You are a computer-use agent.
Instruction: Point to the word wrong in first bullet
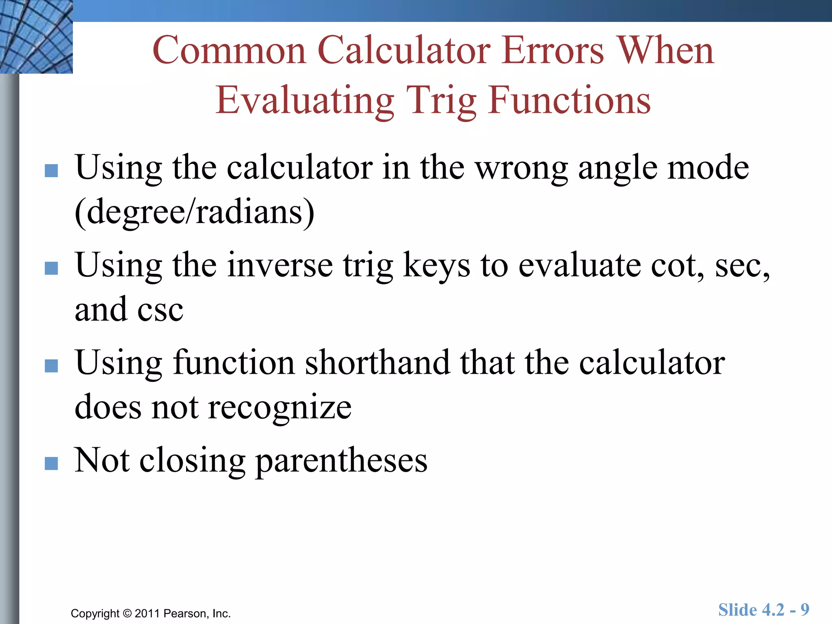pyautogui.click(x=522, y=168)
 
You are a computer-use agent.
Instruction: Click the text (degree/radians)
pyautogui.click(x=195, y=212)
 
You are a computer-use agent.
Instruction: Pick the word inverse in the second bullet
pyautogui.click(x=280, y=265)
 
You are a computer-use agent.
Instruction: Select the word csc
pyautogui.click(x=160, y=310)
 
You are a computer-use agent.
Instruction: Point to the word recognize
pyautogui.click(x=279, y=407)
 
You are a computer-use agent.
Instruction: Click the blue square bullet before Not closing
pyautogui.click(x=51, y=463)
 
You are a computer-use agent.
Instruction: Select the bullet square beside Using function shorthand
pyautogui.click(x=51, y=366)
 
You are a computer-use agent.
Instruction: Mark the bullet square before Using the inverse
pyautogui.click(x=51, y=268)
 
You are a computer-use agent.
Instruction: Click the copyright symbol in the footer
pyautogui.click(x=127, y=613)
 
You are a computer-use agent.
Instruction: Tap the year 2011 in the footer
pyautogui.click(x=147, y=613)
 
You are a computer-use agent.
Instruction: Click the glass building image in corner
pyautogui.click(x=36, y=37)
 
